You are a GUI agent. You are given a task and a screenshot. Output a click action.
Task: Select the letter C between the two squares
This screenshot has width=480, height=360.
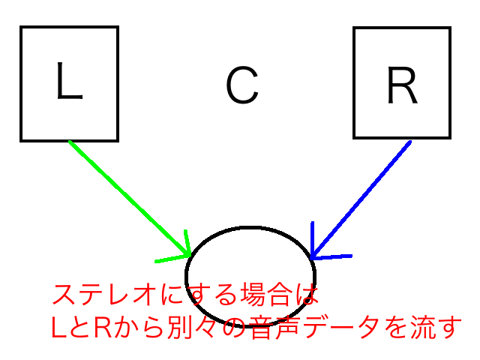click(x=241, y=85)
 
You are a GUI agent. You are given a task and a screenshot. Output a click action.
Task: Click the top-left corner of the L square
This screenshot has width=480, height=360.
click(x=22, y=28)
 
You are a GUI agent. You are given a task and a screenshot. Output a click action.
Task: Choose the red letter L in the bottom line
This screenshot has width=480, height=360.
click(x=59, y=326)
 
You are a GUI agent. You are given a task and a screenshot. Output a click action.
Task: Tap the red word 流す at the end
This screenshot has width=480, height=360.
click(x=435, y=326)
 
